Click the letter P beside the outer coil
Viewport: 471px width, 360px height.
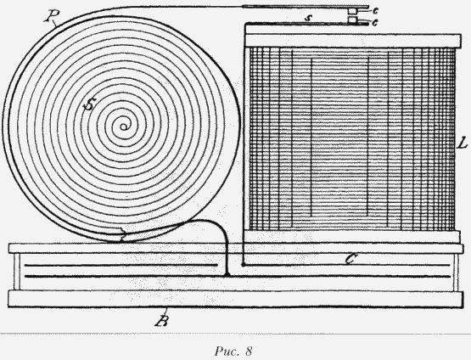click(52, 16)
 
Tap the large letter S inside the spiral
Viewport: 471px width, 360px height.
click(89, 104)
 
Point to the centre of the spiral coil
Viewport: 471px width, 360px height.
click(123, 127)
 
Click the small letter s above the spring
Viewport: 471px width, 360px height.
click(306, 18)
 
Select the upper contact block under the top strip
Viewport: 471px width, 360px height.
click(351, 11)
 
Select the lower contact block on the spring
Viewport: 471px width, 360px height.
click(351, 20)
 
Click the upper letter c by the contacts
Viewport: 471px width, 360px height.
click(375, 10)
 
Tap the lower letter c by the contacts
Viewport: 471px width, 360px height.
click(375, 22)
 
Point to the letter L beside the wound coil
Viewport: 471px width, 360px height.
click(463, 144)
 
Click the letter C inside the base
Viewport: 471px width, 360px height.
click(350, 259)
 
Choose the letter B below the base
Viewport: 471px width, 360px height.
click(162, 321)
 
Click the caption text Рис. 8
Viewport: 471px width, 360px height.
click(233, 351)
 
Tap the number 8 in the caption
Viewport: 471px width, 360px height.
click(249, 351)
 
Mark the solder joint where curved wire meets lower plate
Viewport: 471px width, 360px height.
click(227, 274)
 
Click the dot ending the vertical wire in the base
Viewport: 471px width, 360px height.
click(243, 265)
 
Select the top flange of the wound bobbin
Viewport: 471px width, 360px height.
click(353, 41)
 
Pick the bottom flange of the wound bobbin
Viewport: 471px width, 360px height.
click(352, 237)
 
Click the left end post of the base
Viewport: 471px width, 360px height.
click(17, 272)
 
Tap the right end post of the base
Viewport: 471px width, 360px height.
click(456, 272)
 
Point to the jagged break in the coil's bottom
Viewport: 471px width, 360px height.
click(122, 235)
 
